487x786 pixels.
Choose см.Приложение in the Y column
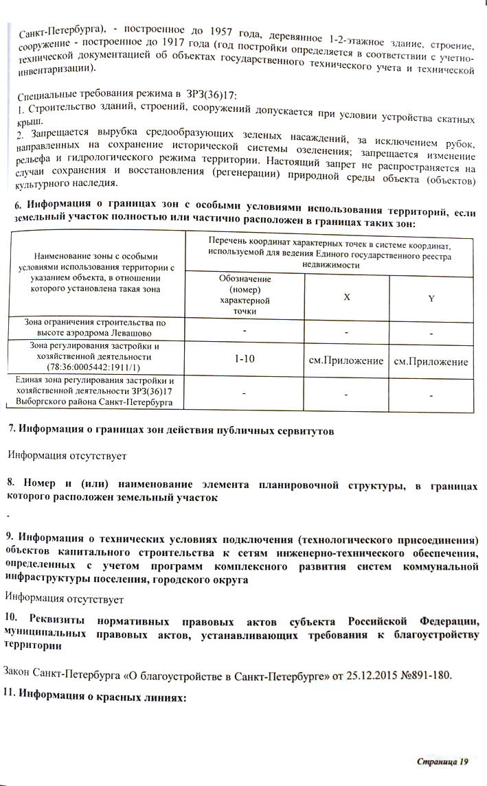point(431,362)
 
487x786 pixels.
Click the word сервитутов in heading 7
point(299,430)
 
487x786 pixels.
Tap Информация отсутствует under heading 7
point(67,455)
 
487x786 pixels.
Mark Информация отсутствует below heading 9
point(65,600)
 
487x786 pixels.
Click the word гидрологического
point(100,162)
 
